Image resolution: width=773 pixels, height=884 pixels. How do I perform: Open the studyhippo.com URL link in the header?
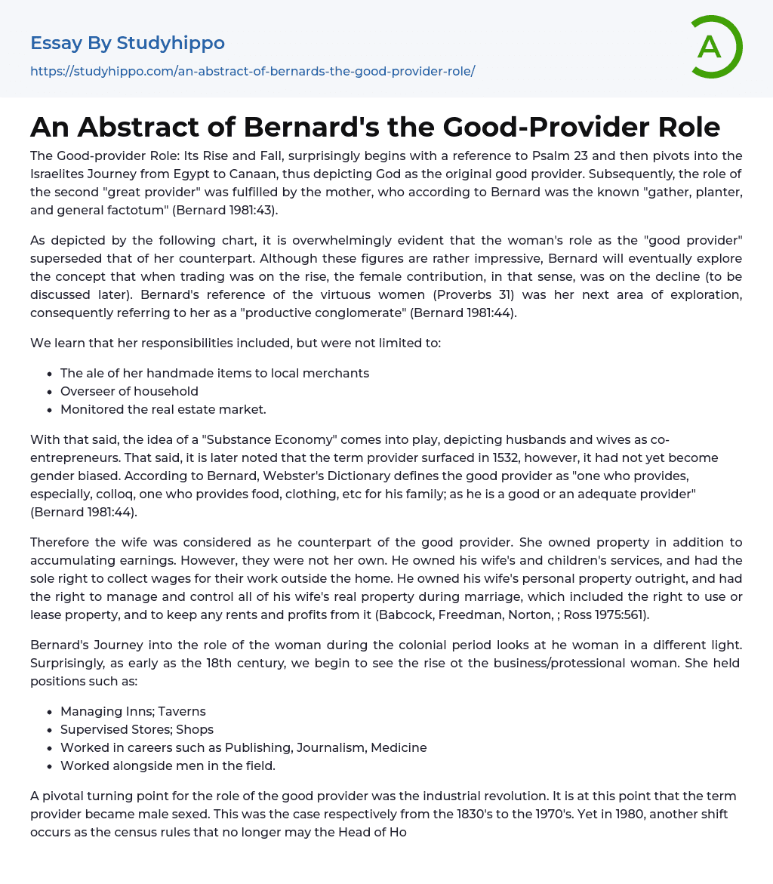tap(252, 71)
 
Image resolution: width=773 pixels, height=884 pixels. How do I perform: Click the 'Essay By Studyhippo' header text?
tap(128, 43)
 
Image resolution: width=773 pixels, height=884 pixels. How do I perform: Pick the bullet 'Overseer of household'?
tap(129, 391)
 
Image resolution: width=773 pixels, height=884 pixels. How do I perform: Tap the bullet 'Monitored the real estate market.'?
tap(163, 409)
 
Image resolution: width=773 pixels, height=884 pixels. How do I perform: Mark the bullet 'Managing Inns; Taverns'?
tap(133, 711)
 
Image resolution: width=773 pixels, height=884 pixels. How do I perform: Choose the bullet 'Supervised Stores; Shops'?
tap(137, 729)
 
